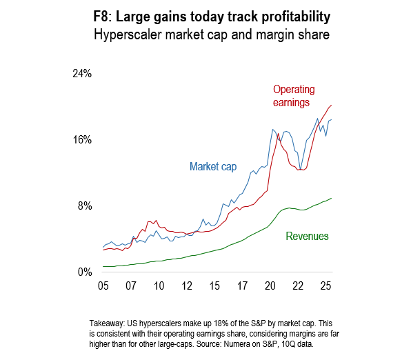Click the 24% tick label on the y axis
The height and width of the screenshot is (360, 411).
pyautogui.click(x=82, y=74)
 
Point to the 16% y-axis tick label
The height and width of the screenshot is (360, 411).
pyautogui.click(x=82, y=140)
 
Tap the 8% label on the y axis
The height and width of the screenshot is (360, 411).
pyautogui.click(x=85, y=206)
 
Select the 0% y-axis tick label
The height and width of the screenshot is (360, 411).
pyautogui.click(x=85, y=272)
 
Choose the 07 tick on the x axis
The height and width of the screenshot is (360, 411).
pyautogui.click(x=131, y=286)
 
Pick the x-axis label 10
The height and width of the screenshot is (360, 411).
pyautogui.click(x=159, y=286)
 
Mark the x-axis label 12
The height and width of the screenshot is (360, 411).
pyautogui.click(x=187, y=286)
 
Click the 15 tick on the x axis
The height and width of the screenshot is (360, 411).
pyautogui.click(x=214, y=286)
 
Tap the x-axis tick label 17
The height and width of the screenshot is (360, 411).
pyautogui.click(x=243, y=286)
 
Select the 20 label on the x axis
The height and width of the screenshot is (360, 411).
pyautogui.click(x=270, y=286)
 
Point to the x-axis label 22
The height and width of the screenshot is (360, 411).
pyautogui.click(x=298, y=286)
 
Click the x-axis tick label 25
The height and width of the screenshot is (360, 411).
pyautogui.click(x=326, y=286)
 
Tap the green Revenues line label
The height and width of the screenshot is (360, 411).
pyautogui.click(x=307, y=237)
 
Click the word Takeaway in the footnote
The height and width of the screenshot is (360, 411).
pyautogui.click(x=110, y=323)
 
